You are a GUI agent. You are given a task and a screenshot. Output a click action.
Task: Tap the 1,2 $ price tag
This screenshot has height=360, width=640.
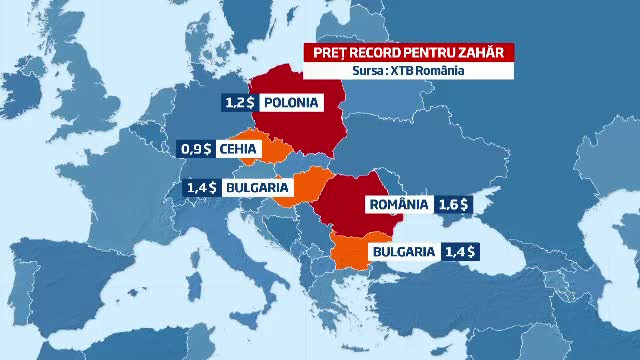(237, 102)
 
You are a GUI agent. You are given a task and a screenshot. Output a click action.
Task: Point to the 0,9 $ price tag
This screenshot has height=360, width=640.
(195, 150)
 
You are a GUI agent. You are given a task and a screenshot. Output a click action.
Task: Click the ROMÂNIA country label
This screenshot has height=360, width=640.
(397, 204)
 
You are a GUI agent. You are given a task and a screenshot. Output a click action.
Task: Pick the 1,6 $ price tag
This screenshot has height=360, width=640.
(455, 204)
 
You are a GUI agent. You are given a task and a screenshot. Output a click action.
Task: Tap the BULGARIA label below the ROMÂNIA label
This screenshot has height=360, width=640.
(403, 252)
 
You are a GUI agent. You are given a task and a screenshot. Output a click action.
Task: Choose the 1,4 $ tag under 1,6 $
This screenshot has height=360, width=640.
(461, 252)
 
